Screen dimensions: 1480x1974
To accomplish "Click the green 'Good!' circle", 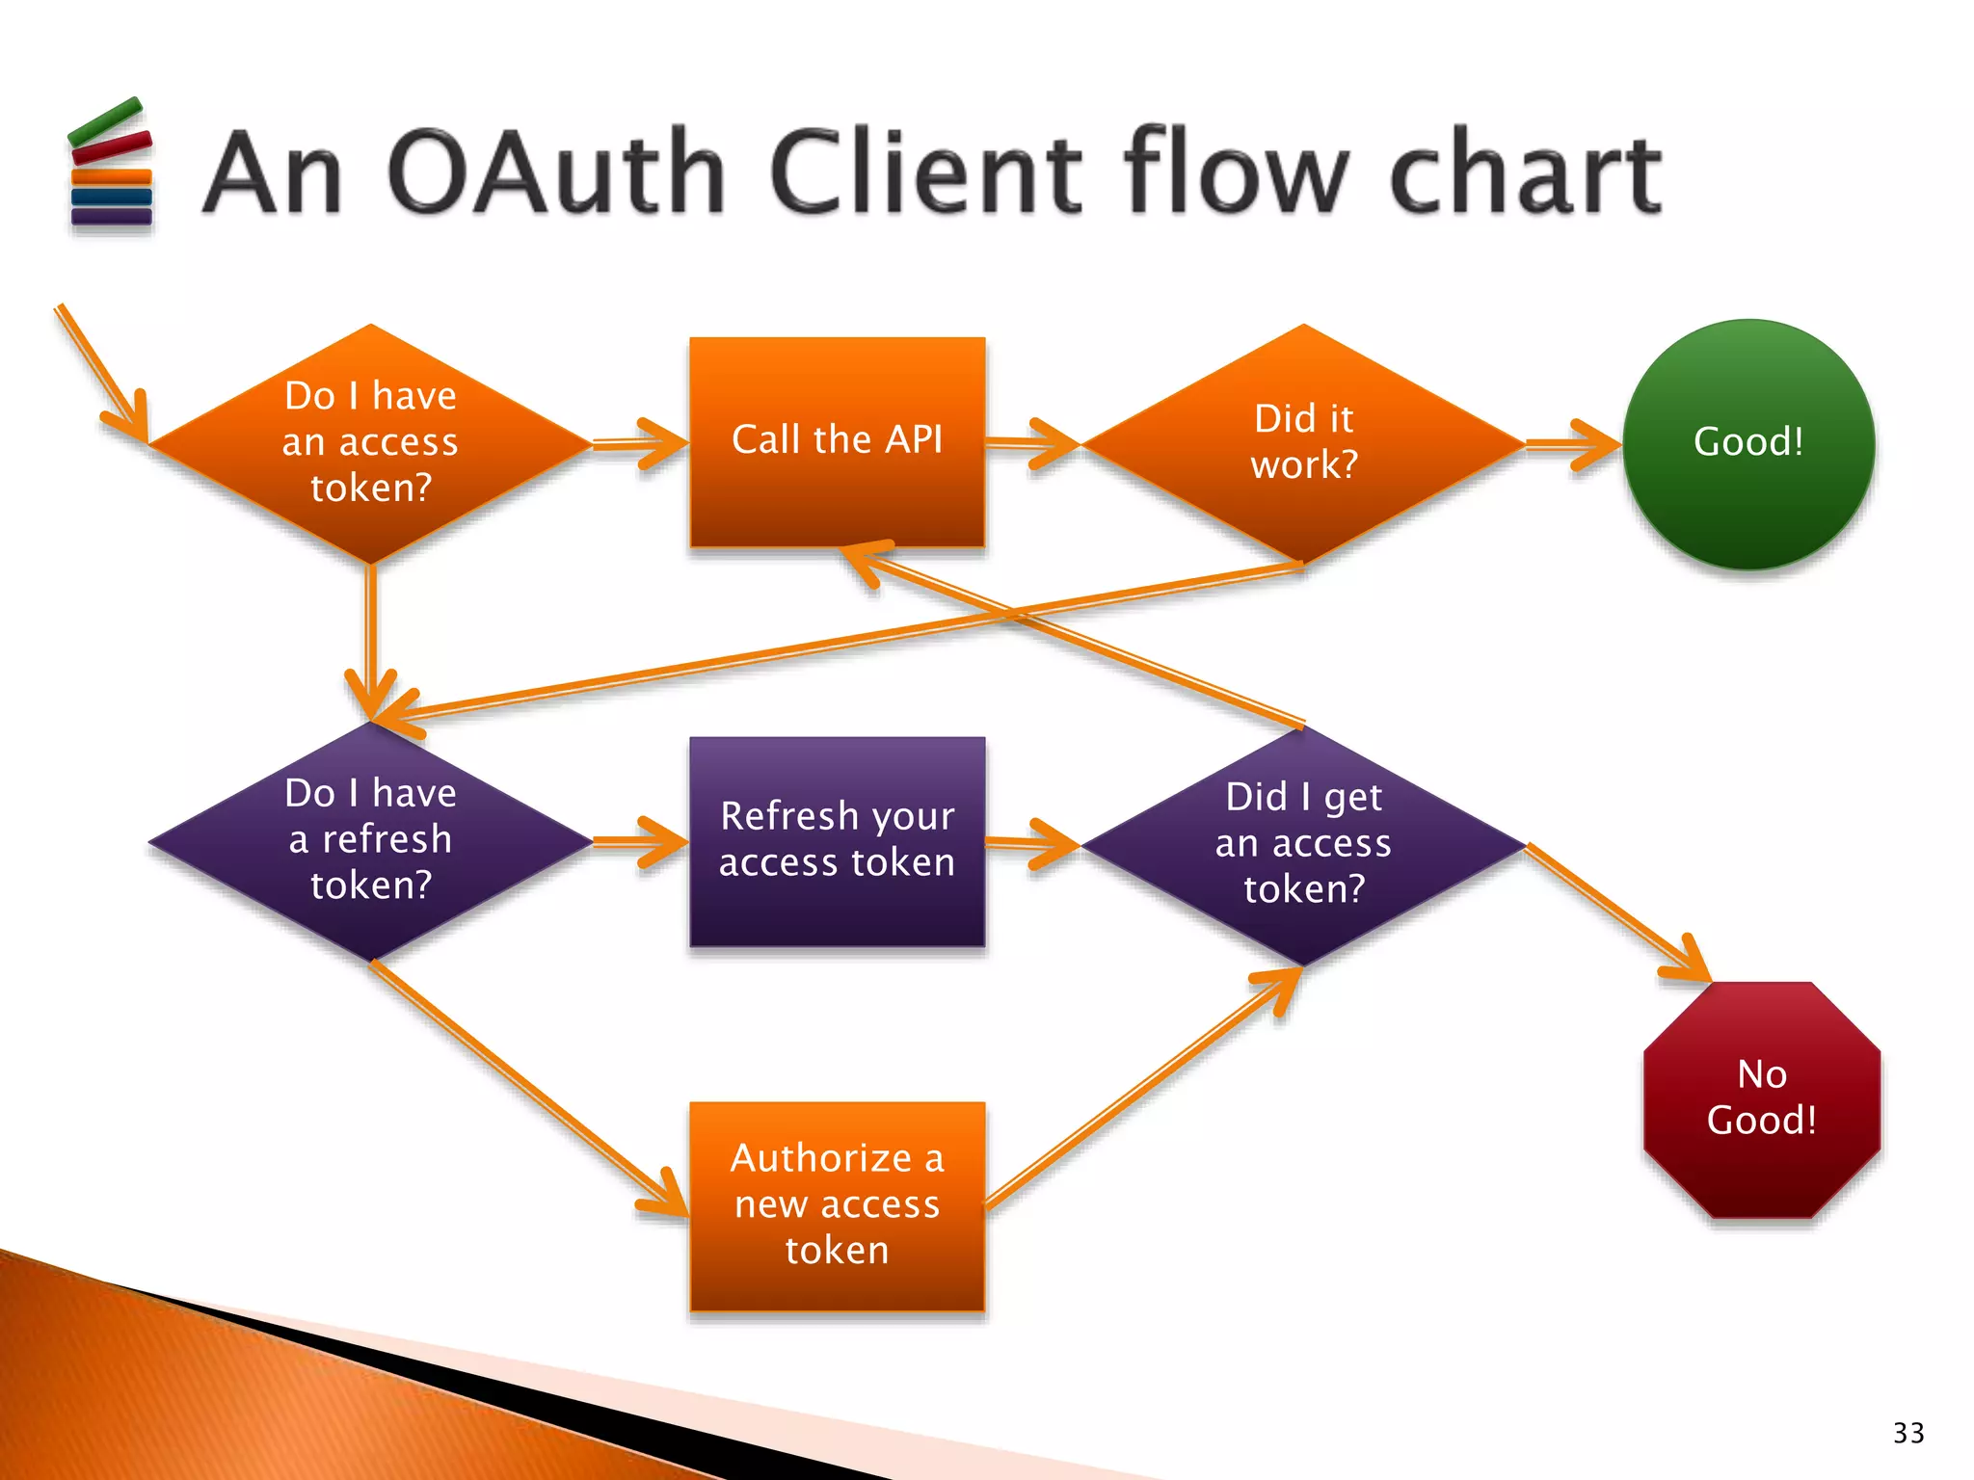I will [x=1747, y=443].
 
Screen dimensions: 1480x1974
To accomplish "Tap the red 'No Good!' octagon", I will [x=1761, y=1098].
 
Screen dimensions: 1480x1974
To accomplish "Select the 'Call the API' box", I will [x=837, y=441].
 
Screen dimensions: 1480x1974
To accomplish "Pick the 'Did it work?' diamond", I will [x=1303, y=443].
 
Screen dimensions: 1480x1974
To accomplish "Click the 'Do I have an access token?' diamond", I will [x=371, y=443].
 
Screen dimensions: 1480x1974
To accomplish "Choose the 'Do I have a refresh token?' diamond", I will [x=371, y=840].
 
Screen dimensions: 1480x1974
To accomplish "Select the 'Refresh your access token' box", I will [x=837, y=840].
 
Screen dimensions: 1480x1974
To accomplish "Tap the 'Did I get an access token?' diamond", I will [x=1303, y=844].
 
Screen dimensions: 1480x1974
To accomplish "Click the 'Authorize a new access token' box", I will [x=837, y=1204].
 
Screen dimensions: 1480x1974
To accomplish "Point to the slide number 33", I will [x=1907, y=1433].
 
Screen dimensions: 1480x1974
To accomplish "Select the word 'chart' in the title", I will [x=1525, y=173].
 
